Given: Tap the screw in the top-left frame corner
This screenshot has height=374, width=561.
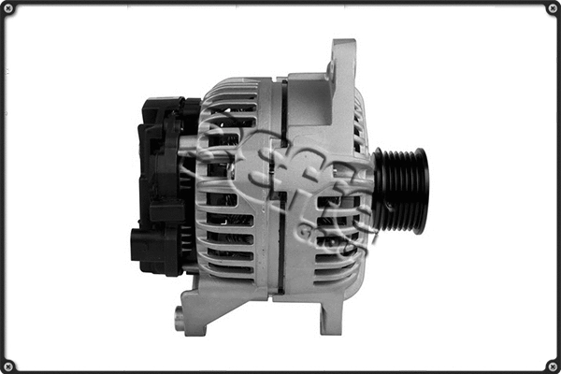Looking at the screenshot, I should (9, 9).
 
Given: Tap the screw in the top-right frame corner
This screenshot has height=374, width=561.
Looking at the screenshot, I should (552, 9).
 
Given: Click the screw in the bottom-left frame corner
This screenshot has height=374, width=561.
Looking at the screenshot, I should (9, 365).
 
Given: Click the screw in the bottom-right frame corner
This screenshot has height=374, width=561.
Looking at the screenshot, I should (552, 365).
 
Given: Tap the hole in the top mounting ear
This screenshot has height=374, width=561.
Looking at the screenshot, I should (331, 67).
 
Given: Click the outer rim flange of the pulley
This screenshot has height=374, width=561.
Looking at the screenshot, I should (423, 191).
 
